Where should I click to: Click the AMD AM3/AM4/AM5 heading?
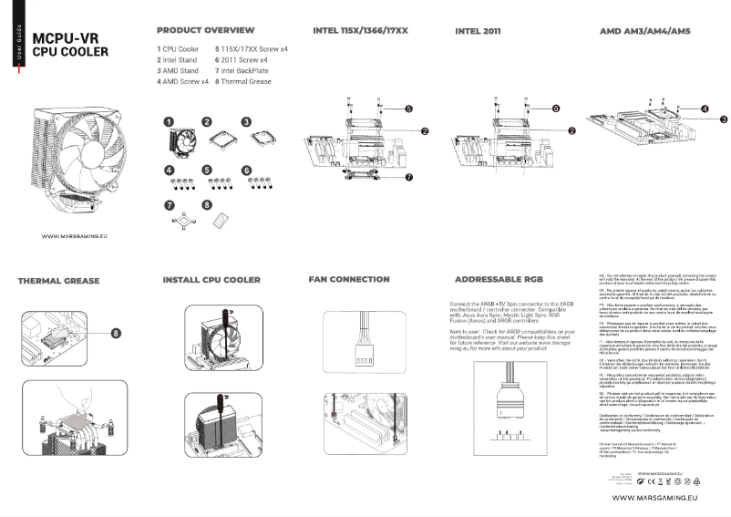[x=644, y=31]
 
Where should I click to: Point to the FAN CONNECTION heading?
[x=348, y=279]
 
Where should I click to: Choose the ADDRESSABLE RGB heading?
[x=499, y=279]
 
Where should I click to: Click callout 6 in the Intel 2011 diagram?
[x=555, y=108]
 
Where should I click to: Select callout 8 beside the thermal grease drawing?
[x=116, y=332]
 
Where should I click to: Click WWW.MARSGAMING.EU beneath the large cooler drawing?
[x=75, y=236]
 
